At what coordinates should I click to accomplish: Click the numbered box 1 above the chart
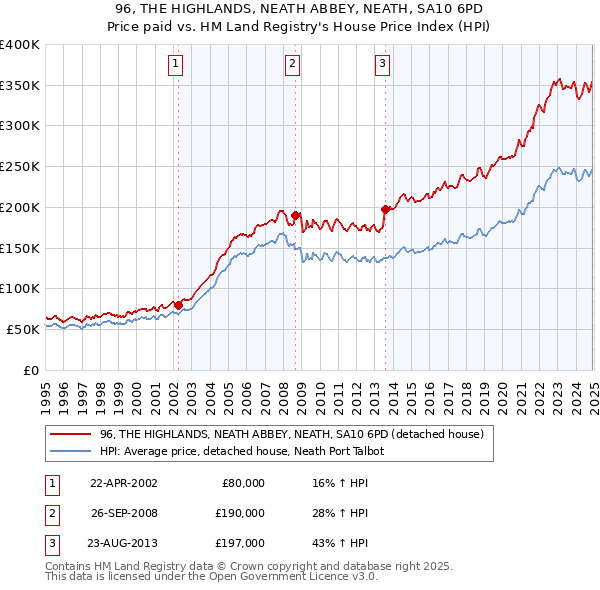pos(175,65)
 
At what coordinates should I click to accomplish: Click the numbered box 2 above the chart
pos(292,65)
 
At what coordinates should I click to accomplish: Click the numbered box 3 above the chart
pos(382,65)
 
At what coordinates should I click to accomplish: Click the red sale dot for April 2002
pos(178,304)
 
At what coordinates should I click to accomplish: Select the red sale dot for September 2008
pos(296,215)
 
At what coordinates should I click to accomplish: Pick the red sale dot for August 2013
pos(386,209)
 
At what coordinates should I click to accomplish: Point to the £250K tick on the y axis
pos(20,166)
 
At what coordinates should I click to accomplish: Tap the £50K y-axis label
pos(24,329)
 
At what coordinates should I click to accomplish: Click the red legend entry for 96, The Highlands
pos(292,434)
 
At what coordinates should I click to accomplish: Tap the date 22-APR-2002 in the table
pos(123,483)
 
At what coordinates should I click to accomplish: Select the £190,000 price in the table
pos(240,513)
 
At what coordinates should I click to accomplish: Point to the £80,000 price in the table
pos(243,483)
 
